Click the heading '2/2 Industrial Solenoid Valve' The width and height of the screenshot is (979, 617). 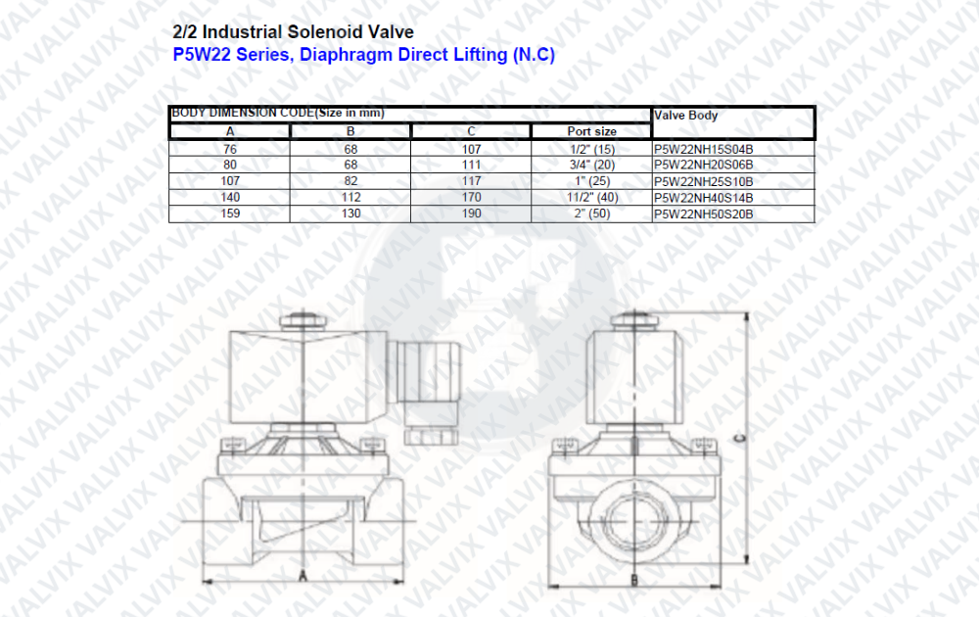click(x=293, y=32)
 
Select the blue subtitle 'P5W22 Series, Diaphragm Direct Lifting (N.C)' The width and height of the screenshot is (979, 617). click(x=363, y=55)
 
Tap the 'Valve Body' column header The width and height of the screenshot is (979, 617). click(x=685, y=116)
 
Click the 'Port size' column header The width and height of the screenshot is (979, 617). click(x=591, y=131)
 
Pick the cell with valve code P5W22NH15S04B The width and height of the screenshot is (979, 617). click(x=703, y=149)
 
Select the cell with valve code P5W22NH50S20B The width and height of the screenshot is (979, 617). click(x=703, y=214)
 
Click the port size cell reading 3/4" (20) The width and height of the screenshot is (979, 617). click(x=592, y=165)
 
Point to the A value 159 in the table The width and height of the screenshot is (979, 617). click(x=230, y=214)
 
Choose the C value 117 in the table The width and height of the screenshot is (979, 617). click(x=472, y=181)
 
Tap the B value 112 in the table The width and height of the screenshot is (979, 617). click(x=350, y=197)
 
